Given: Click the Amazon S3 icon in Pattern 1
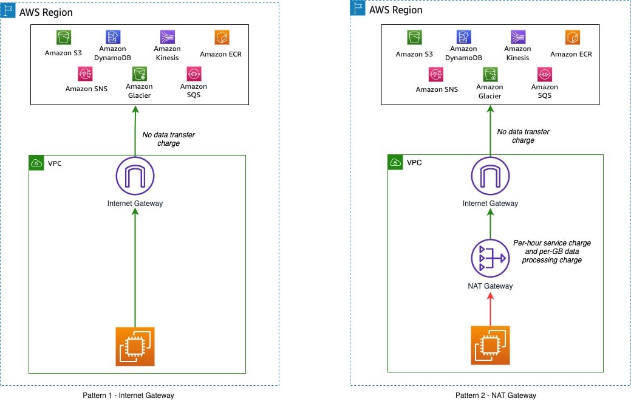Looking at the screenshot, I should pyautogui.click(x=64, y=38).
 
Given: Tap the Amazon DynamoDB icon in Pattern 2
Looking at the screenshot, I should pyautogui.click(x=463, y=37).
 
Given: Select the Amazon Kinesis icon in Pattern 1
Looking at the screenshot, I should pyautogui.click(x=167, y=37).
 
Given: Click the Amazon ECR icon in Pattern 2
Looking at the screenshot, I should pyautogui.click(x=571, y=38).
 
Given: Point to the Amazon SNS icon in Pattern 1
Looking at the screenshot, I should pyautogui.click(x=86, y=74).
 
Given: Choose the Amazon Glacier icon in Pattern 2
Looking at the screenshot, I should pyautogui.click(x=489, y=74).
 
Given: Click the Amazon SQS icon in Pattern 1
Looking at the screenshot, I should pyautogui.click(x=194, y=74).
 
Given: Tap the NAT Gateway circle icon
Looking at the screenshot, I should pyautogui.click(x=490, y=258).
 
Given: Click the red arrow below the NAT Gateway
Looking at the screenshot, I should pyautogui.click(x=490, y=309).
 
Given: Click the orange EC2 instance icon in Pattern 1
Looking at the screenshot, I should pyautogui.click(x=135, y=346).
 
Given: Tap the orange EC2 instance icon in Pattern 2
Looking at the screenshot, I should pyautogui.click(x=490, y=345).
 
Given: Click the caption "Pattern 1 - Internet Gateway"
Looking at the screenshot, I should pyautogui.click(x=128, y=396).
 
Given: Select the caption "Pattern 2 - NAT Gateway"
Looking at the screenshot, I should pyautogui.click(x=496, y=396).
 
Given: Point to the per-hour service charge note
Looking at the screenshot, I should pyautogui.click(x=551, y=251).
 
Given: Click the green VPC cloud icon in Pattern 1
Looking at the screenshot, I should pyautogui.click(x=36, y=163).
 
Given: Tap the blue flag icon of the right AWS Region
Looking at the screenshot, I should pyautogui.click(x=357, y=7).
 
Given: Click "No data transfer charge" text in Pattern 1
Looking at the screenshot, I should pyautogui.click(x=168, y=139).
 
